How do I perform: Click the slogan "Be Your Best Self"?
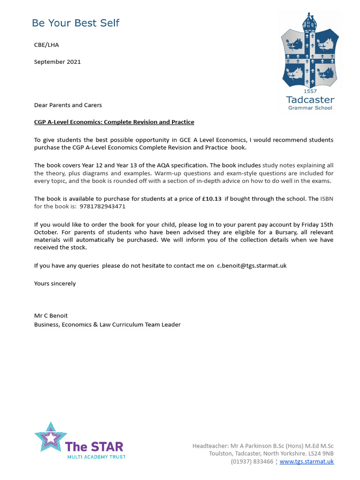(x=75, y=22)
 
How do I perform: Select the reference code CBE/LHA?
(x=46, y=45)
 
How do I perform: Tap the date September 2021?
(x=57, y=61)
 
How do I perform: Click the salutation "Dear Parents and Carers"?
(x=68, y=105)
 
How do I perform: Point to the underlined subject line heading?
(x=114, y=122)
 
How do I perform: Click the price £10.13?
(x=212, y=199)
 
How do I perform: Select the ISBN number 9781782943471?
(x=103, y=206)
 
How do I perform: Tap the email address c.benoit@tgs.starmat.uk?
(x=251, y=265)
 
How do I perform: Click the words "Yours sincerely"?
(x=55, y=283)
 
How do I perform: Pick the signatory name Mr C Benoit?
(x=51, y=315)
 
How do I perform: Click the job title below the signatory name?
(x=107, y=324)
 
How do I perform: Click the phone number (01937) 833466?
(x=252, y=461)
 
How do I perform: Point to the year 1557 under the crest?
(x=310, y=91)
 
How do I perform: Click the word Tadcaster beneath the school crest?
(x=310, y=99)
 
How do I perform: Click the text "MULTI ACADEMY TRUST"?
(x=96, y=457)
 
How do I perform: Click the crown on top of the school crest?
(x=308, y=21)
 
